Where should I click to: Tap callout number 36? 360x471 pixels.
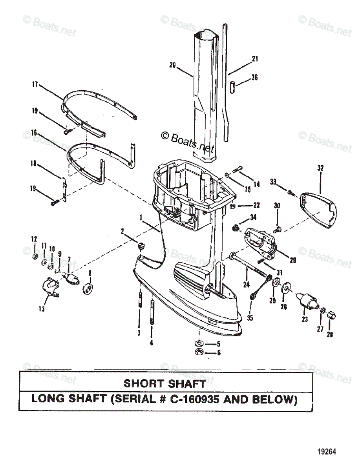pyautogui.click(x=254, y=78)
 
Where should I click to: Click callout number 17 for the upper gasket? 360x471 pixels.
pyautogui.click(x=35, y=84)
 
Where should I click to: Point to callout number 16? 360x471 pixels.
pyautogui.click(x=35, y=133)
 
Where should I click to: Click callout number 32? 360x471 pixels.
pyautogui.click(x=321, y=168)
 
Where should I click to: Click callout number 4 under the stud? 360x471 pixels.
pyautogui.click(x=151, y=343)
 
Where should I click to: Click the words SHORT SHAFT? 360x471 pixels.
pyautogui.click(x=164, y=383)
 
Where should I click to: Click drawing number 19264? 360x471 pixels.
pyautogui.click(x=328, y=452)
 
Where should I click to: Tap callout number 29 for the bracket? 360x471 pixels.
pyautogui.click(x=293, y=259)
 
